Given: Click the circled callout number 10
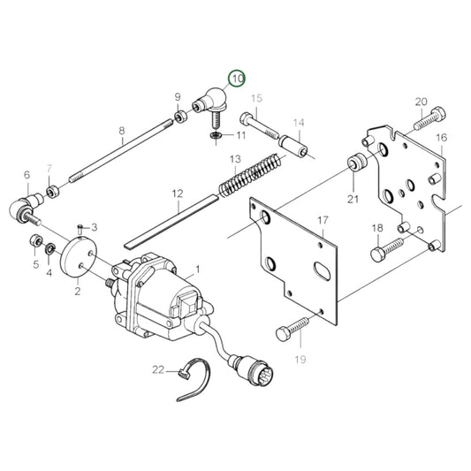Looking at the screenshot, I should pyautogui.click(x=237, y=79).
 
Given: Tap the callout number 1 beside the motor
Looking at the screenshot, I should pyautogui.click(x=198, y=269).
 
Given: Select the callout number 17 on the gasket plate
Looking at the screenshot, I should pyautogui.click(x=323, y=219).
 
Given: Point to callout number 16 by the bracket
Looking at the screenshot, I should pyautogui.click(x=440, y=137).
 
